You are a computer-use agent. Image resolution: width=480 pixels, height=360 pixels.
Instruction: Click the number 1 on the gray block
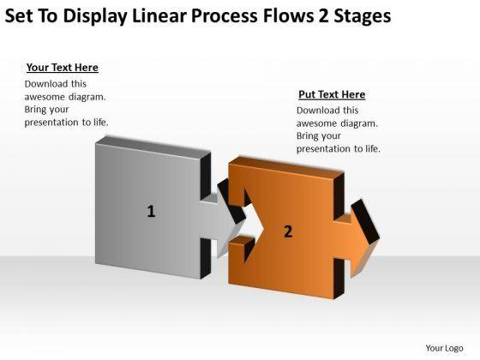tap(151, 211)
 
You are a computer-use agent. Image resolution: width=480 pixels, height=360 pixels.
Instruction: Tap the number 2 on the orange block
tap(288, 231)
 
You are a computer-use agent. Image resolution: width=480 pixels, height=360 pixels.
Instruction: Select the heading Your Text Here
tap(62, 68)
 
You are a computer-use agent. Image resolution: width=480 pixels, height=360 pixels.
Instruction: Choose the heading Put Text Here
tap(332, 94)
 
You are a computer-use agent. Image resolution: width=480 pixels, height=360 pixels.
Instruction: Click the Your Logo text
tap(444, 348)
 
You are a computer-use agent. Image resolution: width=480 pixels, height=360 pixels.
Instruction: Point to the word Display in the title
tap(95, 16)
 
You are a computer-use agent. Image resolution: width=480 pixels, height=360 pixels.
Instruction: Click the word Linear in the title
tap(159, 15)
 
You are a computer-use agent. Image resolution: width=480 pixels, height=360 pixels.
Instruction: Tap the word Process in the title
tap(224, 16)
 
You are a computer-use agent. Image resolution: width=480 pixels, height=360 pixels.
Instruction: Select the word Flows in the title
tap(288, 15)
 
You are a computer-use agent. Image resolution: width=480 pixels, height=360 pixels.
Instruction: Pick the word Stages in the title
tap(362, 16)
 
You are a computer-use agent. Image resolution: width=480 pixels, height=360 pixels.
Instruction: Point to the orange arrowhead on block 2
tap(366, 238)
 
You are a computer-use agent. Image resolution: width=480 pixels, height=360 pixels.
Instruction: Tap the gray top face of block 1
tap(153, 147)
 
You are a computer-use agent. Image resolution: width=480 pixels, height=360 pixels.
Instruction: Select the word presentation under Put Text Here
tap(324, 149)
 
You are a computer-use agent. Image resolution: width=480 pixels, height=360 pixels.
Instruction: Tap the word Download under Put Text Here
tap(315, 111)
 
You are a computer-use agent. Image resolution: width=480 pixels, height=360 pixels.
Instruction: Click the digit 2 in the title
tap(323, 15)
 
